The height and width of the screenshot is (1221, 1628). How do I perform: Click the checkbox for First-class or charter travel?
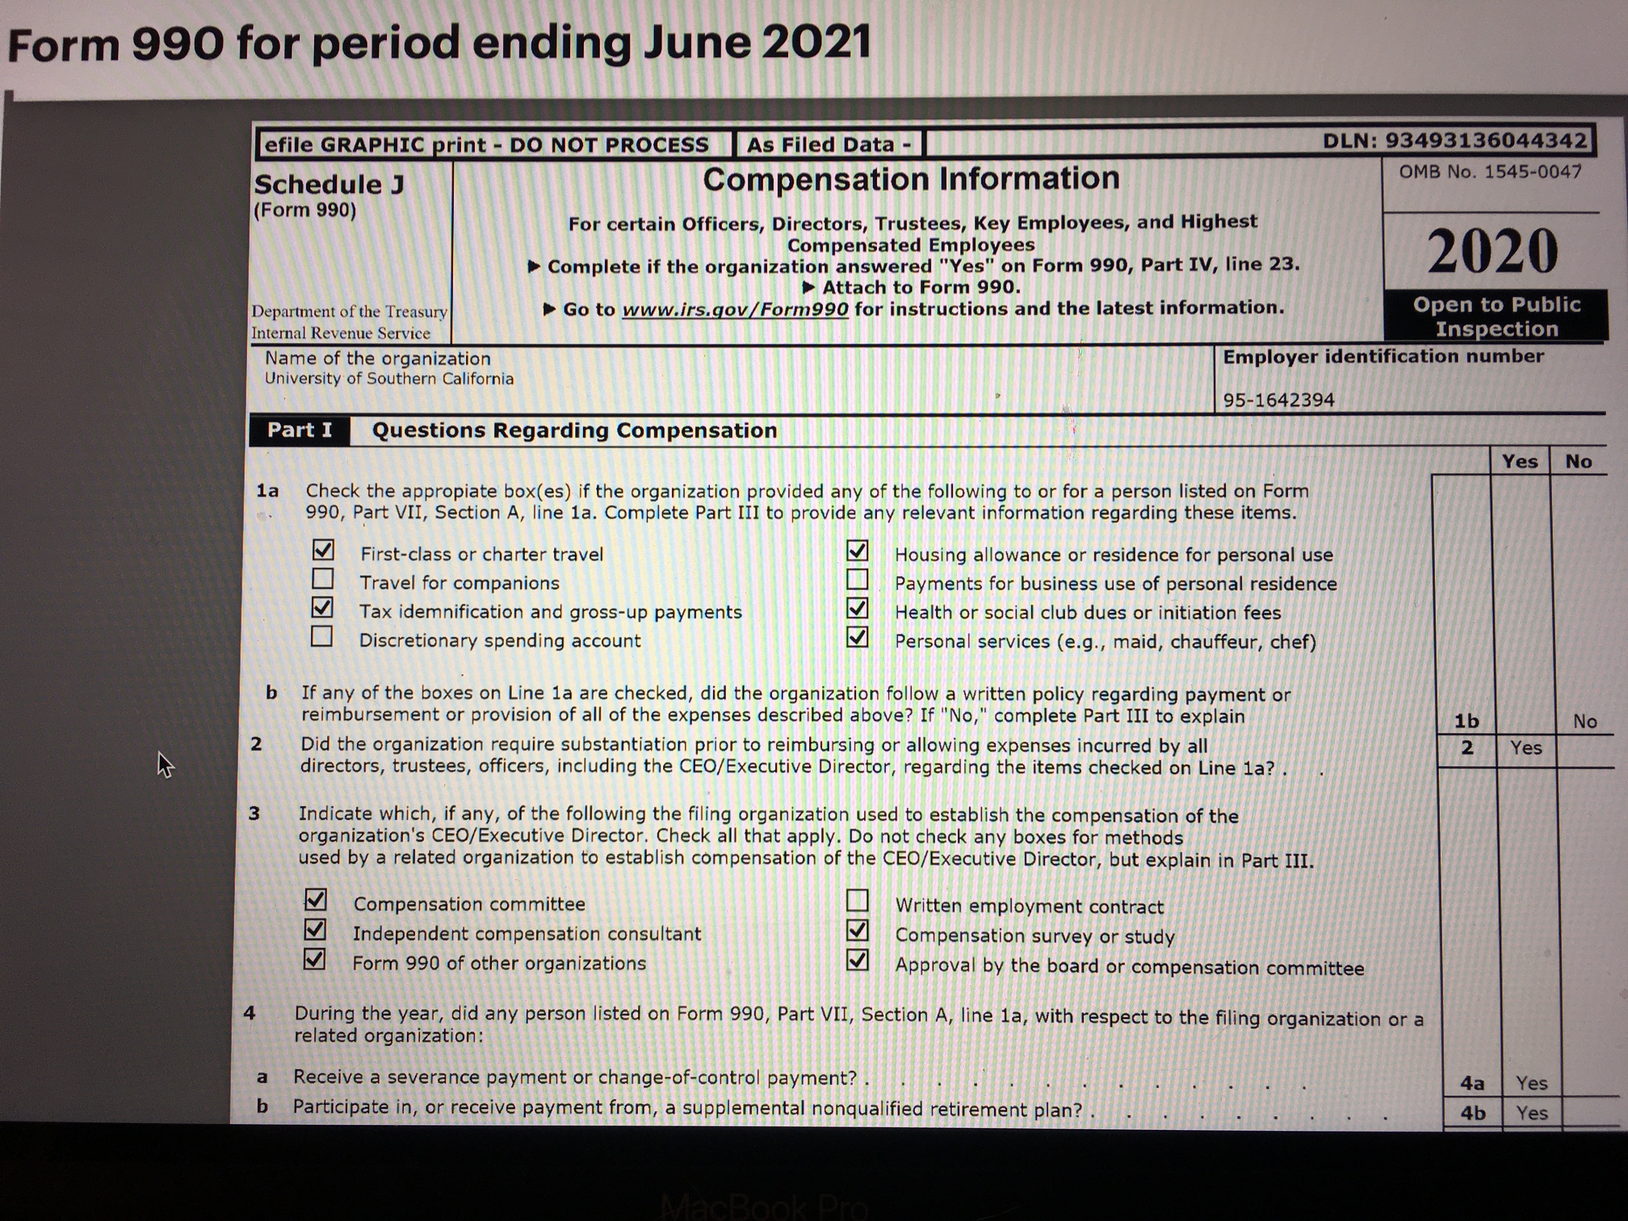[x=323, y=550]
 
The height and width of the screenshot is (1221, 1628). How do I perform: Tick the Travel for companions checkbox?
[x=322, y=579]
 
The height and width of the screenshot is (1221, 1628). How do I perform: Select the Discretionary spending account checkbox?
[x=322, y=636]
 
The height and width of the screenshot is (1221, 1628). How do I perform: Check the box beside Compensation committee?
[x=316, y=899]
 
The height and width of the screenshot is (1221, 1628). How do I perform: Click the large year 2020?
[x=1493, y=252]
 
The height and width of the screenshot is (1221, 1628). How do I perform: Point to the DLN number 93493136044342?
[x=1487, y=141]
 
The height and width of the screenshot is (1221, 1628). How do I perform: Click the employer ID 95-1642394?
[x=1278, y=401]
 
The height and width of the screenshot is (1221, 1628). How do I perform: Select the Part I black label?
[x=300, y=430]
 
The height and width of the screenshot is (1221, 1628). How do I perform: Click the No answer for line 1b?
[x=1584, y=721]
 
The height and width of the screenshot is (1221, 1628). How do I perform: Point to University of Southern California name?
[x=388, y=379]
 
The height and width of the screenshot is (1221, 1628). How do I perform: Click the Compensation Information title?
[x=911, y=179]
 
